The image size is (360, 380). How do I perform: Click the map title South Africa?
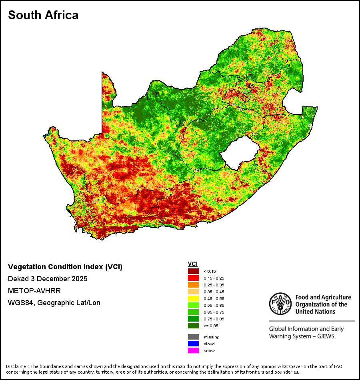point(43,15)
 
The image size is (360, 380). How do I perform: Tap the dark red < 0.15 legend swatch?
point(194,271)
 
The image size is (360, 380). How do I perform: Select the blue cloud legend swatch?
point(194,344)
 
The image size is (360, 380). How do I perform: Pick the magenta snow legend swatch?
point(194,350)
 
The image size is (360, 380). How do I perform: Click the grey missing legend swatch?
point(194,337)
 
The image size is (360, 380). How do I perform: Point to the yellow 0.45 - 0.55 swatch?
point(194,298)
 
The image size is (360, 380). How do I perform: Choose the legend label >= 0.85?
point(211,326)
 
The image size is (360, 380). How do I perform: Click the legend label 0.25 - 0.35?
point(214,285)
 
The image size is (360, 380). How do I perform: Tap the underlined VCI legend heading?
point(193,264)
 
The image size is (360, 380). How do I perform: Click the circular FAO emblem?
point(280,304)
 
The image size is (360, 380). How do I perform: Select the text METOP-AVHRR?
point(34,290)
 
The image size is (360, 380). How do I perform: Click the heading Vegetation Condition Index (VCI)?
point(65,267)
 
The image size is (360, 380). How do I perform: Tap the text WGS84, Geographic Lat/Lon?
point(54,303)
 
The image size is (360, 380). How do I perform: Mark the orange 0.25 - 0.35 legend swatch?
point(194,285)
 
